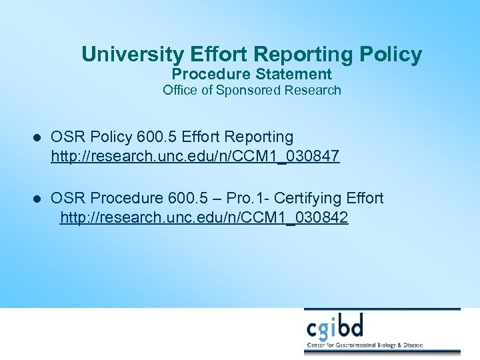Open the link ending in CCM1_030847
click(x=195, y=157)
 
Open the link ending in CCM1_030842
click(x=204, y=218)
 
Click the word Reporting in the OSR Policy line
click(x=261, y=137)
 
